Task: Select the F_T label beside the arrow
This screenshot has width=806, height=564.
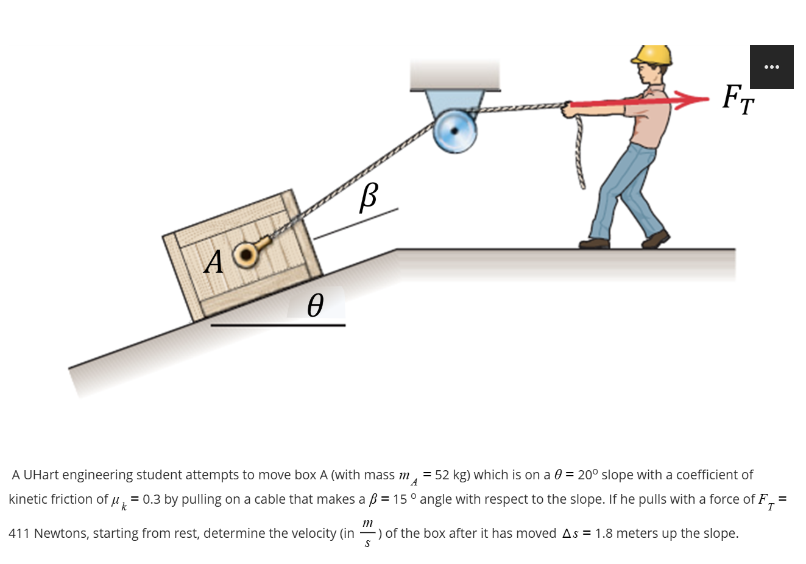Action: coord(738,99)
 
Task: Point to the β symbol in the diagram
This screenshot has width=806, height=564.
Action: coord(368,196)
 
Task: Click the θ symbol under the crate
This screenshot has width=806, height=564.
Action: coord(314,305)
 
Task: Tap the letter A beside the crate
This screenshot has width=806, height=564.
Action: coord(213,262)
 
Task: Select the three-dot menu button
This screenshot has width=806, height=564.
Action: coord(771,67)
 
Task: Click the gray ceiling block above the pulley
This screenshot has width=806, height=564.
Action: coord(454,75)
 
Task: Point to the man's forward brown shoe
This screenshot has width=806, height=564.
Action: coord(656,238)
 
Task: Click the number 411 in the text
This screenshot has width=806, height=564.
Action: coord(19,534)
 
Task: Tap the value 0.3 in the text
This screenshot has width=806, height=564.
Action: coord(152,499)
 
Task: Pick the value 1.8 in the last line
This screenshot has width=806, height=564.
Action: coord(604,534)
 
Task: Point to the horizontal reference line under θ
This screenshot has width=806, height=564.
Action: coord(278,325)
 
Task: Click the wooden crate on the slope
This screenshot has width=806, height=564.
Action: coord(244,256)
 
